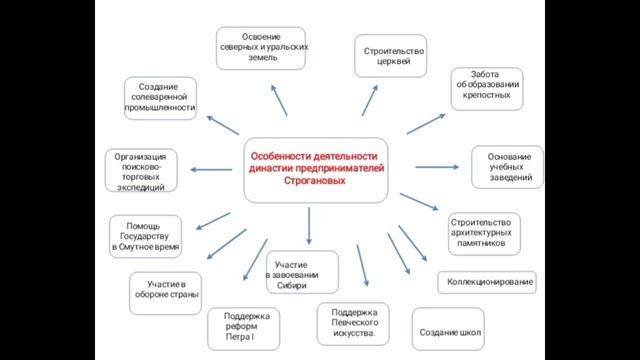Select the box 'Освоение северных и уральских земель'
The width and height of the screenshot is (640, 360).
coord(263,48)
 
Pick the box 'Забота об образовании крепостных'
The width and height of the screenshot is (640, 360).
coord(485,89)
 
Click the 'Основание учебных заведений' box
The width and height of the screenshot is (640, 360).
coord(509,167)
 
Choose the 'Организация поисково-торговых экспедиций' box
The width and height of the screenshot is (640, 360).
coord(147,170)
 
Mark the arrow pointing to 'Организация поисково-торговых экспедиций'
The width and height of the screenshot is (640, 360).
coord(212,171)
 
